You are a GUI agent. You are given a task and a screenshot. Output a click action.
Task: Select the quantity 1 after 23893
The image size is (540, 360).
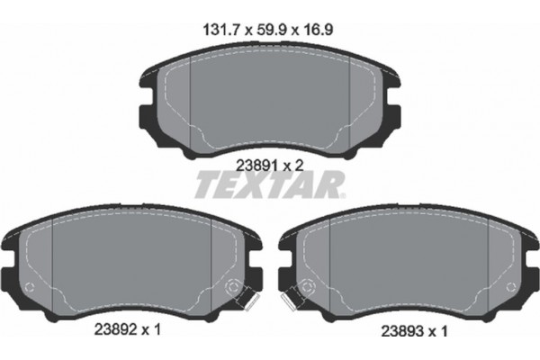pos(445,330)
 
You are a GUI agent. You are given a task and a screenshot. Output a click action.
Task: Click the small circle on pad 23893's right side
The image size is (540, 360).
pos(510,288)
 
